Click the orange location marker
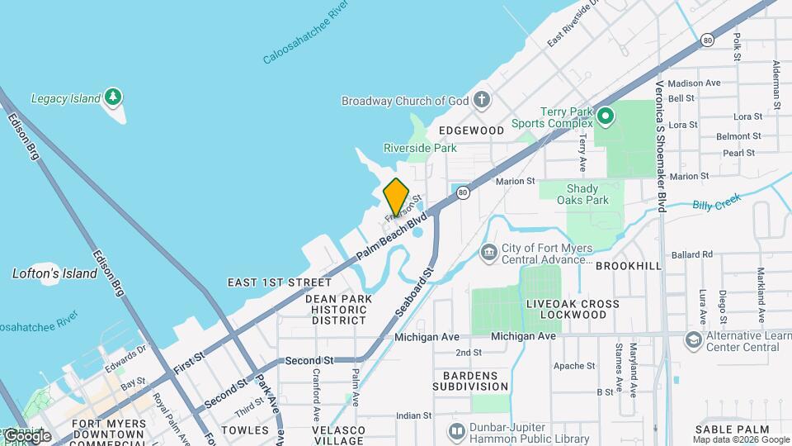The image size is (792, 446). click(x=396, y=197)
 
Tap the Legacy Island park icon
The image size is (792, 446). click(x=113, y=98)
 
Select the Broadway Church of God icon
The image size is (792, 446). click(x=482, y=101)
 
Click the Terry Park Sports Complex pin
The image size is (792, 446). click(x=606, y=117)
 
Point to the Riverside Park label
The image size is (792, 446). click(x=420, y=149)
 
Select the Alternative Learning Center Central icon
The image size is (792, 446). click(x=693, y=340)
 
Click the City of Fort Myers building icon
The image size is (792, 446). click(x=488, y=252)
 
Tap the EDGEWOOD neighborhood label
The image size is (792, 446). click(x=471, y=130)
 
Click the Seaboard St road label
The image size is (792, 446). click(x=412, y=293)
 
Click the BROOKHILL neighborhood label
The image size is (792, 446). click(x=628, y=266)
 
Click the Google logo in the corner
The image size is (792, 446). click(x=27, y=435)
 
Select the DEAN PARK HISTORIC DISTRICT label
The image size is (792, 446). click(x=338, y=309)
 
